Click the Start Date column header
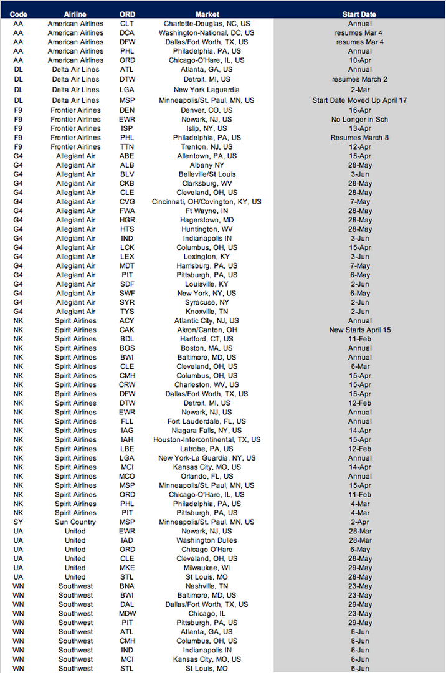(x=359, y=14)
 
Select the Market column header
(x=207, y=14)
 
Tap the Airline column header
(x=75, y=14)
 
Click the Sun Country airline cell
(x=75, y=522)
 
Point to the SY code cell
(x=18, y=522)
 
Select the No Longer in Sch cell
(x=359, y=119)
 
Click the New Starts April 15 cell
(x=359, y=330)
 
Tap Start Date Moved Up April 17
(x=359, y=100)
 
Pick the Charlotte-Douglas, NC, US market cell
(x=207, y=23)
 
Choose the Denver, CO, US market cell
(x=207, y=110)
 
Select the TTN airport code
(x=126, y=146)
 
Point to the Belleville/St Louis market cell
(x=207, y=174)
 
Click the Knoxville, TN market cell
(x=207, y=312)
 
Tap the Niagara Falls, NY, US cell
(x=207, y=431)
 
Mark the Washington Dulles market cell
(x=207, y=540)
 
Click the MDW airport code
(x=126, y=614)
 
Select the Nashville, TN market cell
(x=207, y=586)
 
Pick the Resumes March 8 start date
(x=359, y=137)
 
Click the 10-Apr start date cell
(x=359, y=60)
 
